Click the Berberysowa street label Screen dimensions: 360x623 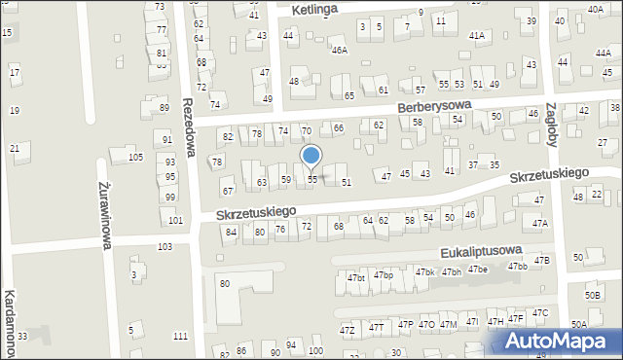[x=433, y=104]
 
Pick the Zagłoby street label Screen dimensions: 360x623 [x=552, y=124]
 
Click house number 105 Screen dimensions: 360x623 [x=136, y=157]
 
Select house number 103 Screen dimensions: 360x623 [x=165, y=247]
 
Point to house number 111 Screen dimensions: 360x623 [x=180, y=336]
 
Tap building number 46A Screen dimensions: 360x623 [x=339, y=50]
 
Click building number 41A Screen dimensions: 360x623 [x=477, y=35]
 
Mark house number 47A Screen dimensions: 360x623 [x=540, y=223]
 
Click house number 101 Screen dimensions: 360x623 [x=175, y=220]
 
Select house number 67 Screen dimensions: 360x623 [x=227, y=192]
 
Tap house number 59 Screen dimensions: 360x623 [x=286, y=180]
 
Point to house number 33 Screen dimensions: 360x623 [x=21, y=336]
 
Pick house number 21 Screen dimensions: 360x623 [x=15, y=148]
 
